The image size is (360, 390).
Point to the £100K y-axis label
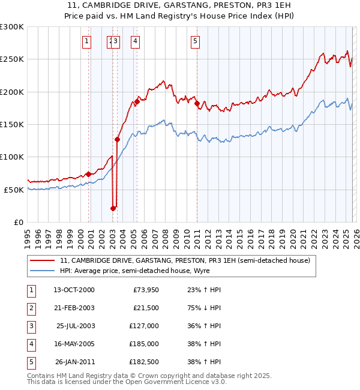(12, 157)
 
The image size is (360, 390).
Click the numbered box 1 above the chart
(88, 41)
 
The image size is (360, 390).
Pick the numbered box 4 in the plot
(136, 41)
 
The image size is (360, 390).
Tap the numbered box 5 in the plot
(196, 41)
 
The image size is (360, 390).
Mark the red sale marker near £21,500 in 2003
(113, 208)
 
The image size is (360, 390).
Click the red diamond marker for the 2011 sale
(197, 104)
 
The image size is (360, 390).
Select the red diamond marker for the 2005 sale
(137, 102)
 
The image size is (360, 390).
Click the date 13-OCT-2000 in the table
(74, 290)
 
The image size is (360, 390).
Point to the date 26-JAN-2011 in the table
(74, 362)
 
